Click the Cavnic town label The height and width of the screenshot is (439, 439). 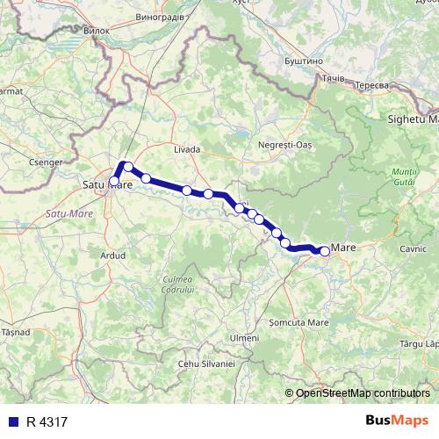pos(413,248)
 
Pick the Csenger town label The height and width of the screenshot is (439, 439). pos(45,162)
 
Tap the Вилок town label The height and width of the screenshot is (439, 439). pos(96,30)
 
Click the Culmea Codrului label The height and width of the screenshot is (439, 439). pos(177,284)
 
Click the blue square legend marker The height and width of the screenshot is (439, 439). pos(11,421)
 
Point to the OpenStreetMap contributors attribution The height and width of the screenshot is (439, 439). pos(363,392)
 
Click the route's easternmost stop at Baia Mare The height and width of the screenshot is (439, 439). pos(324,252)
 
